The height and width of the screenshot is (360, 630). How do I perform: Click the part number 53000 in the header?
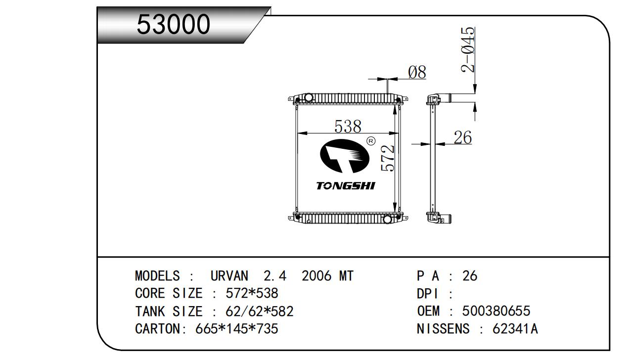click(x=173, y=24)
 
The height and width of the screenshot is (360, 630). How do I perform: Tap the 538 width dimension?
click(x=348, y=127)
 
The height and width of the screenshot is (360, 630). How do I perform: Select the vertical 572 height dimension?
click(x=388, y=158)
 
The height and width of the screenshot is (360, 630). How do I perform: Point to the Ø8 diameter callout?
click(x=417, y=72)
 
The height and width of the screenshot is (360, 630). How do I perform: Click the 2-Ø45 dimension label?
click(x=468, y=50)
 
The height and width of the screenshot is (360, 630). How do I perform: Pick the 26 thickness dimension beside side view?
click(x=463, y=137)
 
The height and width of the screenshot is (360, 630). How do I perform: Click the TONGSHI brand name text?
click(x=346, y=186)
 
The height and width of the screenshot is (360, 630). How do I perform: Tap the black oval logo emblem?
click(x=345, y=156)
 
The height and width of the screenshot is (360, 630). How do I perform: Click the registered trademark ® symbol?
click(x=371, y=141)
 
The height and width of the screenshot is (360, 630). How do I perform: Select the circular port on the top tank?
click(x=309, y=97)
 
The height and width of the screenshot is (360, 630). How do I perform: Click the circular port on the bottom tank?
click(x=388, y=220)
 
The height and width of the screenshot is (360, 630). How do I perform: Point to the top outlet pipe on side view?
click(x=445, y=98)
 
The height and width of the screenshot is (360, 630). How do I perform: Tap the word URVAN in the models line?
click(x=229, y=276)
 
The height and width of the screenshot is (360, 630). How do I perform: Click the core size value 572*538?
click(x=252, y=293)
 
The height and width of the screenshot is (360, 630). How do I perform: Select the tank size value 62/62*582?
click(x=260, y=311)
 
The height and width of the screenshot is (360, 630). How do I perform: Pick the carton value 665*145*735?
click(x=237, y=329)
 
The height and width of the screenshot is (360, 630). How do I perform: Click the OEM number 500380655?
click(x=496, y=311)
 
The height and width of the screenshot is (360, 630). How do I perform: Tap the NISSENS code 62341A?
click(x=515, y=329)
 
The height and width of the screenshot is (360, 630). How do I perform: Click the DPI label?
click(x=427, y=294)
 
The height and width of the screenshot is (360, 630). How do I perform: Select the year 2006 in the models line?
click(x=316, y=276)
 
